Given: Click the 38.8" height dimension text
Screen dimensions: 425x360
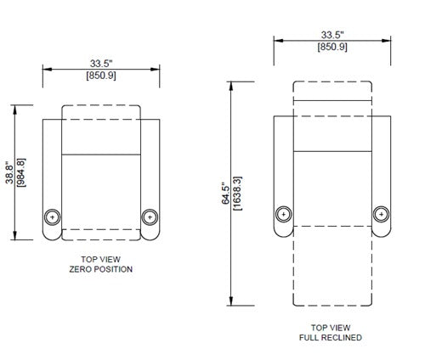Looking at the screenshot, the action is click(x=9, y=172).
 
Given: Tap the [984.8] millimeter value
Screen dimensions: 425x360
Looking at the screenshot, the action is click(x=21, y=172).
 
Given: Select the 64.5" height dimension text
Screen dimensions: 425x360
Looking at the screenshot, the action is click(x=225, y=193).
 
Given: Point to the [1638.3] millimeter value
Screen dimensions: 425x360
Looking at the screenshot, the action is click(x=237, y=194).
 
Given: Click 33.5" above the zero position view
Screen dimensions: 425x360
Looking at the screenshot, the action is click(x=101, y=64).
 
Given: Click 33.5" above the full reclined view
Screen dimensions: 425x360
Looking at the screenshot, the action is click(x=332, y=35).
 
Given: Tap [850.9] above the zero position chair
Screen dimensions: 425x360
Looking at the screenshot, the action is click(x=101, y=76).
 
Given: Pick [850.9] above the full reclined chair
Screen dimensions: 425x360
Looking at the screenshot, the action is click(x=332, y=47).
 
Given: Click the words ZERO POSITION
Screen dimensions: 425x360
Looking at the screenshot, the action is click(x=101, y=269).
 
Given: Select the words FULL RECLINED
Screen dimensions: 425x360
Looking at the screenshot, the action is click(x=331, y=337).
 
